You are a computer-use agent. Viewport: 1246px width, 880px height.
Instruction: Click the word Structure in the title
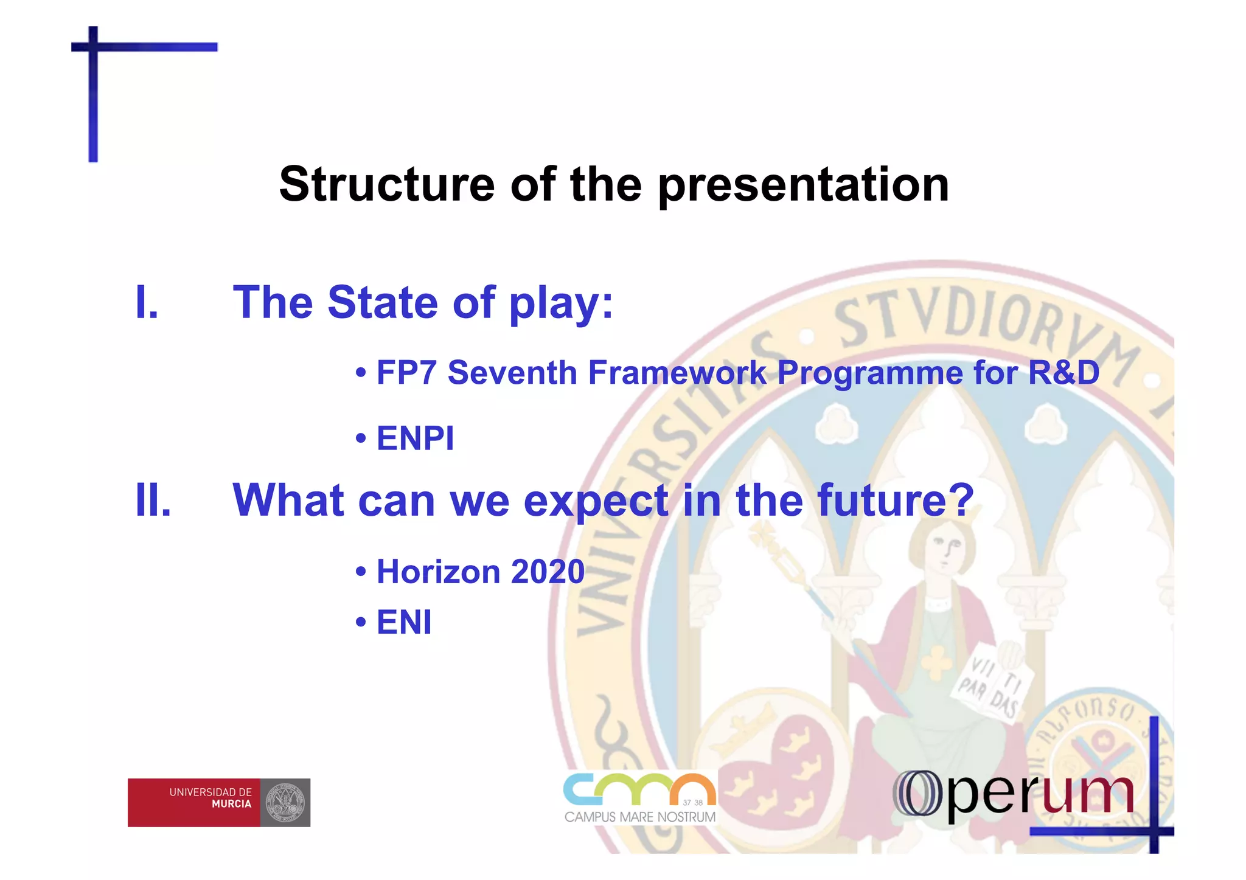point(387,184)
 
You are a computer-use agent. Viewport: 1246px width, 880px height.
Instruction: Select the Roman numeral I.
point(147,302)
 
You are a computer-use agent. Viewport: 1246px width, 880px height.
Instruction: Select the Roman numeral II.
point(153,500)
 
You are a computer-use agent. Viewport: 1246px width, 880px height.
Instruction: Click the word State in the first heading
point(382,302)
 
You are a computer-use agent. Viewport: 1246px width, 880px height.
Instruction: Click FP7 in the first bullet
point(406,372)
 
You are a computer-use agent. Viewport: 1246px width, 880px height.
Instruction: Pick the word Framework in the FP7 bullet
point(677,372)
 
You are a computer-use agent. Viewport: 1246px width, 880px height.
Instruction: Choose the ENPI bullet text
point(415,438)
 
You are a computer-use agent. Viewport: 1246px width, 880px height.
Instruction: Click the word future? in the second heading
point(896,500)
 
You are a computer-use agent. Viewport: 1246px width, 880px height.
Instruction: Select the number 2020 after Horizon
point(548,572)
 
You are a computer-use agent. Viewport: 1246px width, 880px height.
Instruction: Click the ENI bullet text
point(404,622)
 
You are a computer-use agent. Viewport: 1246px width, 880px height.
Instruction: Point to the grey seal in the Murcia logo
point(285,802)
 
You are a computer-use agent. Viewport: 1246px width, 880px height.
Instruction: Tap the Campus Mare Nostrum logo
point(640,798)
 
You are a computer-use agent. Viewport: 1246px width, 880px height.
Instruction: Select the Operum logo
point(1013,794)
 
